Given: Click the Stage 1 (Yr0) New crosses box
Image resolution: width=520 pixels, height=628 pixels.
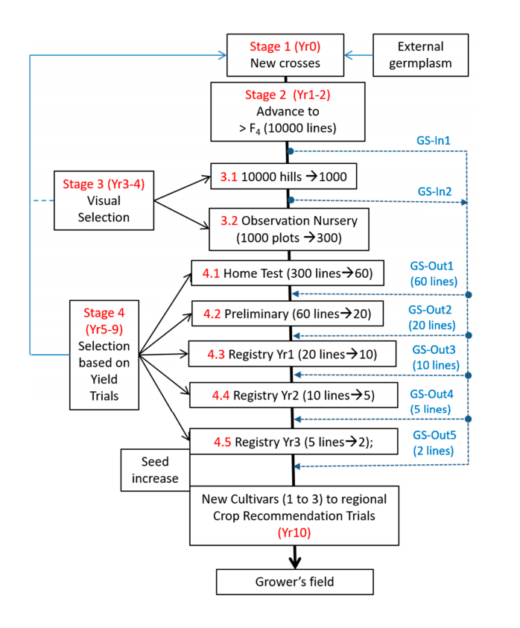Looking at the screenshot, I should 285,54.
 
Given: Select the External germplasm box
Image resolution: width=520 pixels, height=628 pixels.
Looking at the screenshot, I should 420,54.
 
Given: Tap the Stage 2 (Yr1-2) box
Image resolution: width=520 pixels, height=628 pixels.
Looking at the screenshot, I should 288,111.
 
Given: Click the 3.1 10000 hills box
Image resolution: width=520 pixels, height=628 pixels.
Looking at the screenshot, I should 287,177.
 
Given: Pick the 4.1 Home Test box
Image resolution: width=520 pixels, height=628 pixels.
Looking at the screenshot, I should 287,273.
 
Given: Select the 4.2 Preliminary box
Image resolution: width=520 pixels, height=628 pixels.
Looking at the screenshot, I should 287,312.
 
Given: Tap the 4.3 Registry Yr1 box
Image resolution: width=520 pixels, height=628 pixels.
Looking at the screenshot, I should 291,353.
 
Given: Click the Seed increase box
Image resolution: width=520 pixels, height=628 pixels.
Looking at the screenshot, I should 155,469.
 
